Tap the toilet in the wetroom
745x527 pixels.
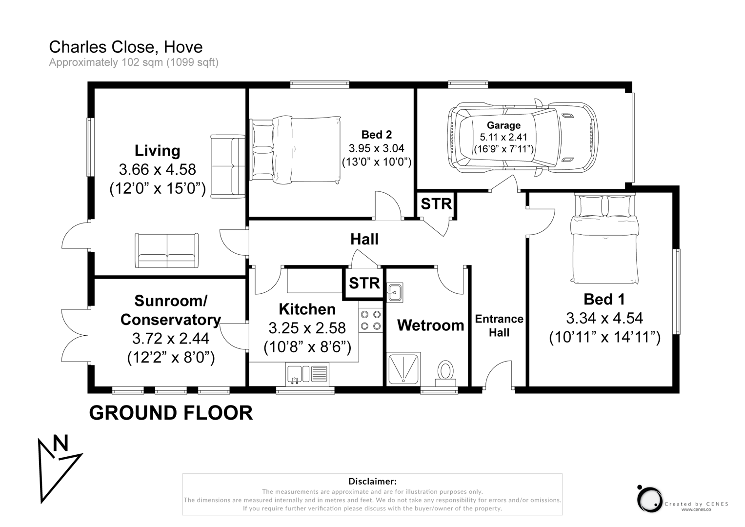coord(445,373)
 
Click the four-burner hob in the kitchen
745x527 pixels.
coord(371,321)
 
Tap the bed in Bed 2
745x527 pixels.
coord(295,150)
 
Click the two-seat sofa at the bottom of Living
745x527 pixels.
coord(167,250)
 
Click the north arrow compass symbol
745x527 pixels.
coord(56,466)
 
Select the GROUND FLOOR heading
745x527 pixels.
coord(171,413)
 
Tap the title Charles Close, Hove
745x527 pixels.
coord(125,47)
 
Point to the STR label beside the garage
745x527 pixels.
coord(436,203)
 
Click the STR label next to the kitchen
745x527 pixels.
coord(364,283)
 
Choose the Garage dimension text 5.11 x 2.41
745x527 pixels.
coord(503,137)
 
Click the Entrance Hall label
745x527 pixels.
coord(499,325)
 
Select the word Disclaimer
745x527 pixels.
coord(372,482)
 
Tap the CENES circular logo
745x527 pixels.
coord(649,499)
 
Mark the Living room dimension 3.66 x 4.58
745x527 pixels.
coord(157,169)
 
